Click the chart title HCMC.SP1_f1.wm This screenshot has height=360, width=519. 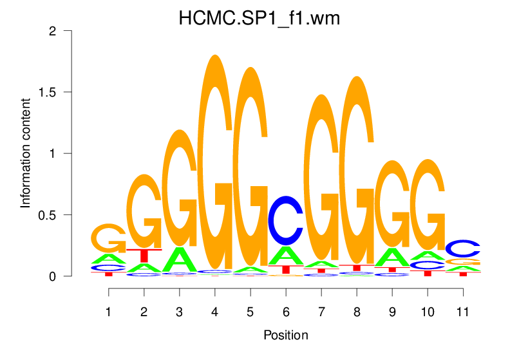click(259, 19)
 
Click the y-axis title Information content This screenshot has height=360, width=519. click(26, 153)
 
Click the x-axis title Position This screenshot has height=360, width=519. click(285, 335)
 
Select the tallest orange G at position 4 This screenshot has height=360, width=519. click(215, 161)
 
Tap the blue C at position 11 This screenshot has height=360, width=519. click(462, 248)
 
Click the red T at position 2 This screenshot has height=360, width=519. click(144, 255)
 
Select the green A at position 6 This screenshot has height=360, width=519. click(285, 255)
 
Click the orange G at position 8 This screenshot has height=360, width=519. click(356, 171)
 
